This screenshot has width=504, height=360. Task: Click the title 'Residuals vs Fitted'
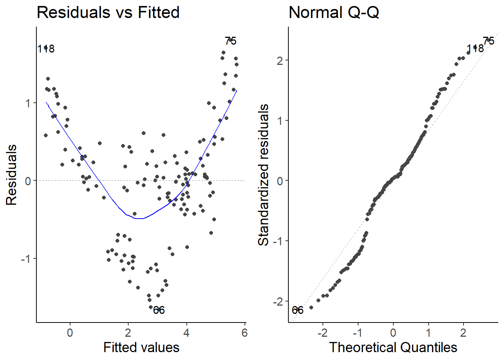[x=108, y=12]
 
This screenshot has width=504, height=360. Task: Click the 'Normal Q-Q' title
[x=334, y=12]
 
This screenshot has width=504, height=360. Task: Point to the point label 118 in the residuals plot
[x=46, y=49]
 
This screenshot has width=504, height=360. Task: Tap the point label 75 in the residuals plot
[x=231, y=41]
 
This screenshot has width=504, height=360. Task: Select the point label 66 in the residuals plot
[x=159, y=310]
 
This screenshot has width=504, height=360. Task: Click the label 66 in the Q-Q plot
[x=297, y=310]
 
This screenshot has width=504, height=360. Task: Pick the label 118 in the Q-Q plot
[x=475, y=48]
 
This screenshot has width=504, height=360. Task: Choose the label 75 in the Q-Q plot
[x=489, y=41]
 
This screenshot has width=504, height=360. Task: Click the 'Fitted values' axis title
[x=141, y=347]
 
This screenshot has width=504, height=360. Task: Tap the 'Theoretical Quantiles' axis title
[x=393, y=347]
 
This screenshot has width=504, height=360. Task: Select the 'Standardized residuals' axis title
[x=264, y=175]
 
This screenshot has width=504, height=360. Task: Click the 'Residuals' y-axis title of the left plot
[x=12, y=175]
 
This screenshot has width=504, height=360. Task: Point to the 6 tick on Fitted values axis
[x=244, y=333]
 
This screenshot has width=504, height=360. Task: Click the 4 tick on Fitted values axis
[x=186, y=333]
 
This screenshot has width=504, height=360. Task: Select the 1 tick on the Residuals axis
[x=28, y=103]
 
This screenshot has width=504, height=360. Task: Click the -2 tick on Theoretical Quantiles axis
[x=322, y=333]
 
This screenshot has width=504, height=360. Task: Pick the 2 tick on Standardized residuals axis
[x=280, y=60]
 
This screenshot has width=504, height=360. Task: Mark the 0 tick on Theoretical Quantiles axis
[x=393, y=333]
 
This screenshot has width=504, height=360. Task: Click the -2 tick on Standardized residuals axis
[x=278, y=301]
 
